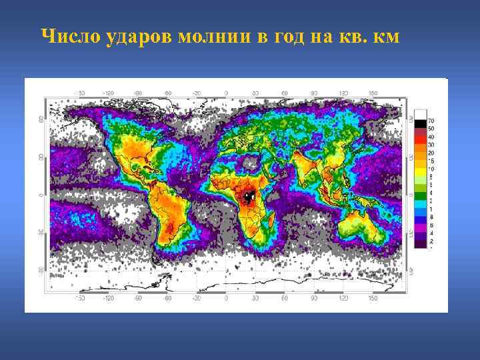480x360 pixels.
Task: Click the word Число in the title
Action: point(70,36)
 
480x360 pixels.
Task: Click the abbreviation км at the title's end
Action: point(387,36)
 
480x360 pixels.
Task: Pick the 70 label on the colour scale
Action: point(431,121)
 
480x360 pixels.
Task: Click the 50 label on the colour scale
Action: point(431,129)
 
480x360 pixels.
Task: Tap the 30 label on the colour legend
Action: point(431,145)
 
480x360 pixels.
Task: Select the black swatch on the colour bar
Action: point(421,123)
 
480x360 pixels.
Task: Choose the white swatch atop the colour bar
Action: point(421,114)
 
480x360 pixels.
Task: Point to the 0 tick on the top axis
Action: point(225,93)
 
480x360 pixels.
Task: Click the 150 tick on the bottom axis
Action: point(372,298)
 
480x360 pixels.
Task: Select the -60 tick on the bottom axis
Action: point(167,298)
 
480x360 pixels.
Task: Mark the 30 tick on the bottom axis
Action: point(254,298)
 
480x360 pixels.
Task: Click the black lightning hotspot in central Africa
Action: point(249,197)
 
